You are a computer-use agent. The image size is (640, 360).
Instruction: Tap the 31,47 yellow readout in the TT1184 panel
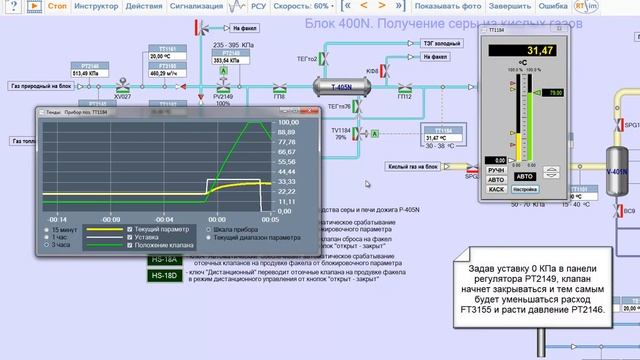pyautogui.click(x=539, y=50)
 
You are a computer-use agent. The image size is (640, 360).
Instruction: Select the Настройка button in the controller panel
pyautogui.click(x=525, y=188)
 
